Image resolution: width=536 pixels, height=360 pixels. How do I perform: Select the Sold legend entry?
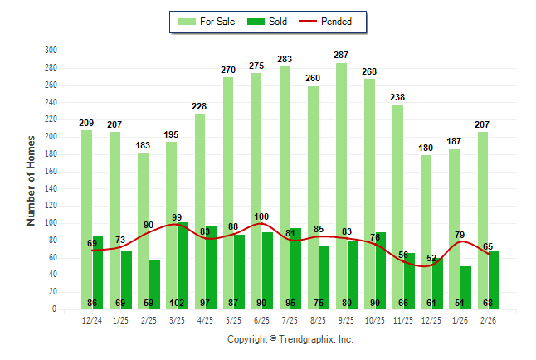268,22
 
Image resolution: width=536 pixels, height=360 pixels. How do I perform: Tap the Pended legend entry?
332,22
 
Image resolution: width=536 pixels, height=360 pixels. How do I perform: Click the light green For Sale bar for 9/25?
341,182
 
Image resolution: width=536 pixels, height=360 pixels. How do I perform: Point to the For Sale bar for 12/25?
426,224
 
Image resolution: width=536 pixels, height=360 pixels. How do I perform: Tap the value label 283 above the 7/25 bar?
284,60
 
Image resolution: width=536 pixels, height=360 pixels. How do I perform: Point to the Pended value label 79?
458,235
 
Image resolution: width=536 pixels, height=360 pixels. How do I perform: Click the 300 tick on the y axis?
50,51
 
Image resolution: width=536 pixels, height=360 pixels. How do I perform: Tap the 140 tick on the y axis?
50,188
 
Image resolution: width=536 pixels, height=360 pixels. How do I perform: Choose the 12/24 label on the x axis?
92,320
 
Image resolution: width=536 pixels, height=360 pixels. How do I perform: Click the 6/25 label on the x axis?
261,320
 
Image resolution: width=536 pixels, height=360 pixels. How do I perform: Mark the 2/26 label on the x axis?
487,320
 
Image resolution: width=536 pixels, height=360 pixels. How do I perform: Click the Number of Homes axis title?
32,181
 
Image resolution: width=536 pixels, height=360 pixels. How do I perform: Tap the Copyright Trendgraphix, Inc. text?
290,339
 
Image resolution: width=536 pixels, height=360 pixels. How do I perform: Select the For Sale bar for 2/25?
143,224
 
